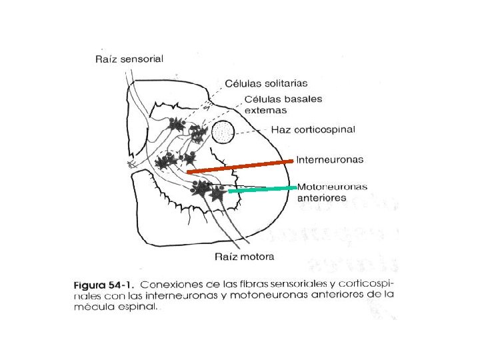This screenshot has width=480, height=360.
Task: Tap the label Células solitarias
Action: [266, 83]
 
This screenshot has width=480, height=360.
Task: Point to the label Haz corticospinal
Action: [313, 129]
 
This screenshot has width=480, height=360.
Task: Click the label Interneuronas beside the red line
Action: [329, 160]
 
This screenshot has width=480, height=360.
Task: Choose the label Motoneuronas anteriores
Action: [331, 192]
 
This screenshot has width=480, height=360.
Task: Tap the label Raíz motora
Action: [243, 256]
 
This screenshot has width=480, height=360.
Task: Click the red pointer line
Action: [240, 166]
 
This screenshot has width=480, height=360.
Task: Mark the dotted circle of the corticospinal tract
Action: [223, 133]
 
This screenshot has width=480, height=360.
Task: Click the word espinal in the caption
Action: [137, 307]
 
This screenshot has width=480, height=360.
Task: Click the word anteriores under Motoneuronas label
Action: [322, 198]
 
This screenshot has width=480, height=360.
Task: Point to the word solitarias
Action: [285, 83]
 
